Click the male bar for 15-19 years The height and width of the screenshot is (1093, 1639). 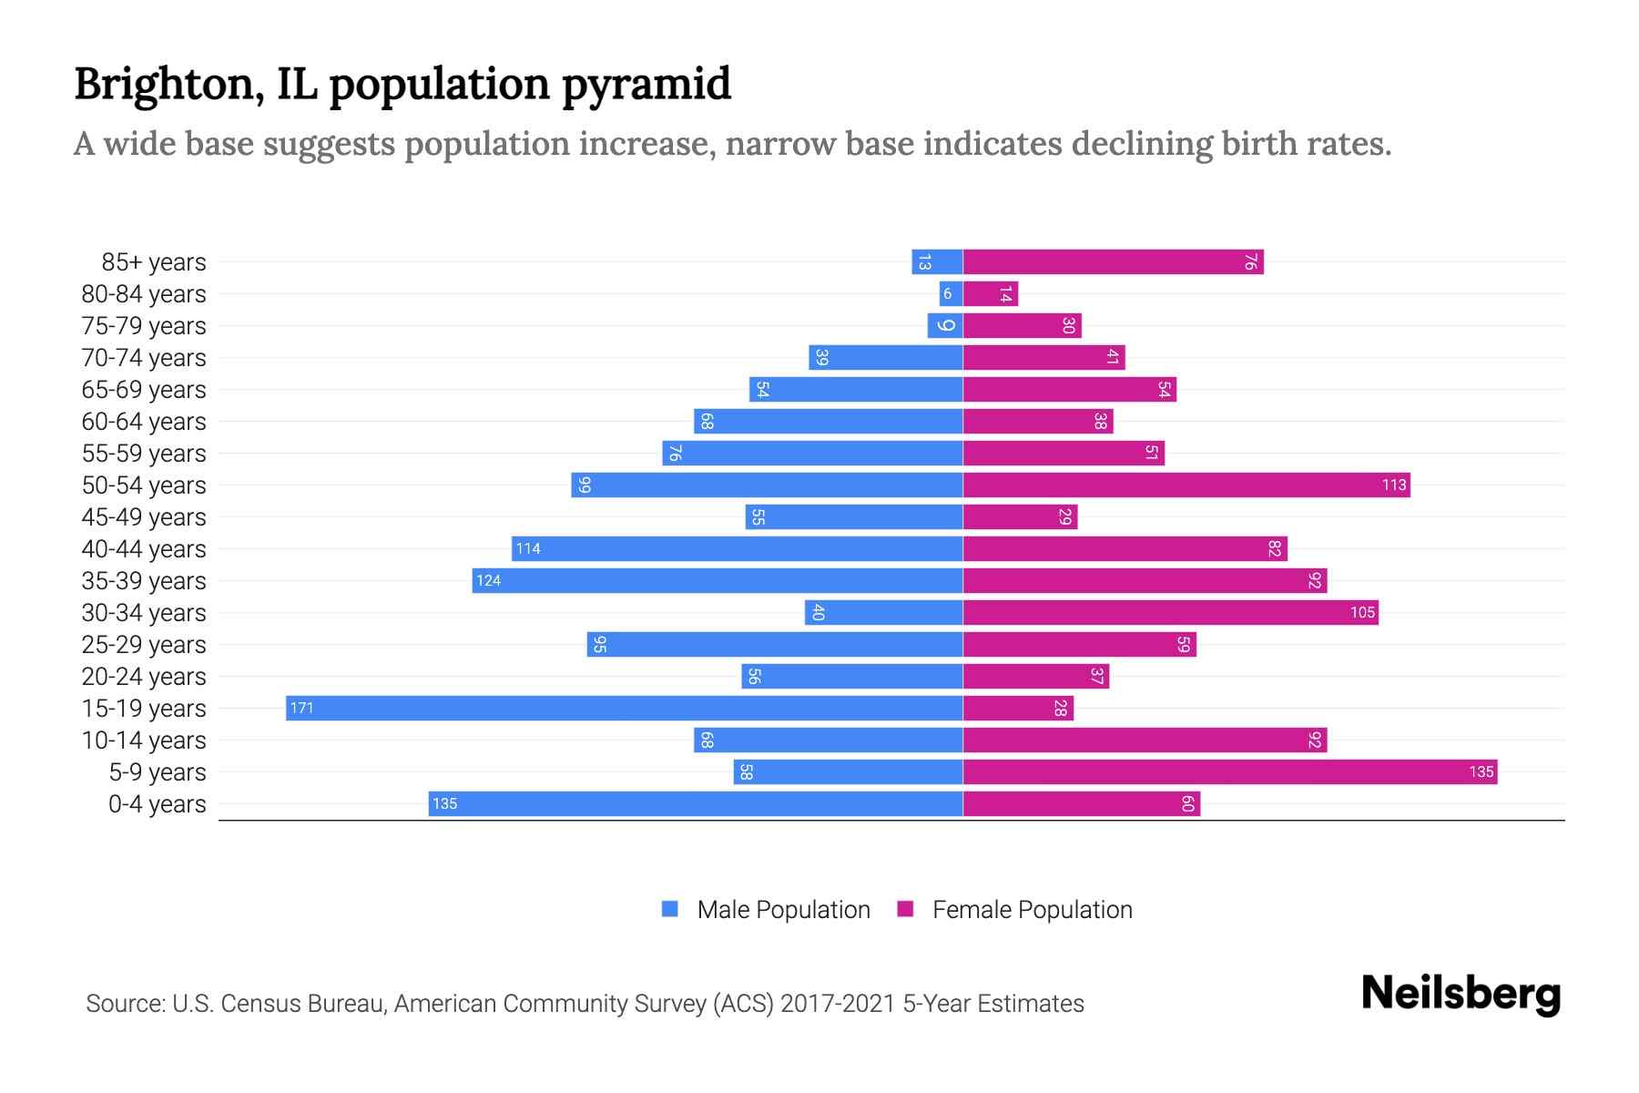(624, 708)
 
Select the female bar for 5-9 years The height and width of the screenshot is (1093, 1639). (1229, 771)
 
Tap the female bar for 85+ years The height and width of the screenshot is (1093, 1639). (1113, 261)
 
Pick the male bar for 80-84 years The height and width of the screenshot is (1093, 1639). (951, 293)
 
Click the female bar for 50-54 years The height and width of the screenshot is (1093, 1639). (1186, 485)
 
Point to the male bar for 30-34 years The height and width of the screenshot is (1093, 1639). (883, 612)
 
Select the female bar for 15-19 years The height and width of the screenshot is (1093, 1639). (1018, 708)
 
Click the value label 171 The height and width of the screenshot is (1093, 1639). (301, 708)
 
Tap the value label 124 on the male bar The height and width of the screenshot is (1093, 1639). (488, 580)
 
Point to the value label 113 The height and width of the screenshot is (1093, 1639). (1393, 485)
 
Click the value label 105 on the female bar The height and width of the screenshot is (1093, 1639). (1361, 612)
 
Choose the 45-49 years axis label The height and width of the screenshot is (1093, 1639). (144, 516)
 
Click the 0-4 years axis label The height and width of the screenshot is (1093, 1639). (157, 803)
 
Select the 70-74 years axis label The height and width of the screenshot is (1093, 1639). (144, 357)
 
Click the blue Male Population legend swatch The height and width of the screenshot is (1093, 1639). (670, 909)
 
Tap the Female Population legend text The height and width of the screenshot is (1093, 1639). (1032, 909)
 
